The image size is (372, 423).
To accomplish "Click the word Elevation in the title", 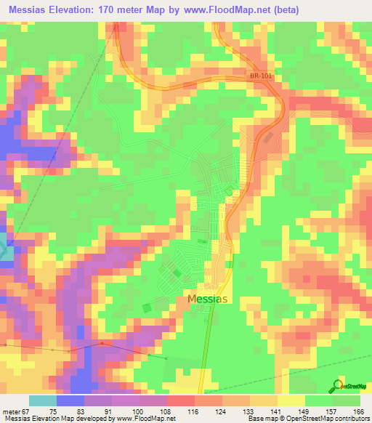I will [81, 9].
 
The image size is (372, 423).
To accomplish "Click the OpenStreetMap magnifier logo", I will [339, 384].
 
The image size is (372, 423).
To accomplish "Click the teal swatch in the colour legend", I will [42, 400].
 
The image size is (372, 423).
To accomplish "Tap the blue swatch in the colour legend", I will [70, 400].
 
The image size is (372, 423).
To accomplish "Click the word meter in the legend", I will [10, 411].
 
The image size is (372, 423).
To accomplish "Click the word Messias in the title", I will [31, 9].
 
